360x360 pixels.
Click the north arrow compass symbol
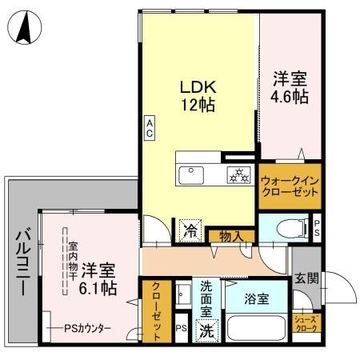click(24, 30)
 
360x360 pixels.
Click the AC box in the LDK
click(150, 128)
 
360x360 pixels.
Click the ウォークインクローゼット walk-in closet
click(290, 187)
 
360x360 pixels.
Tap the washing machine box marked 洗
click(206, 330)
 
